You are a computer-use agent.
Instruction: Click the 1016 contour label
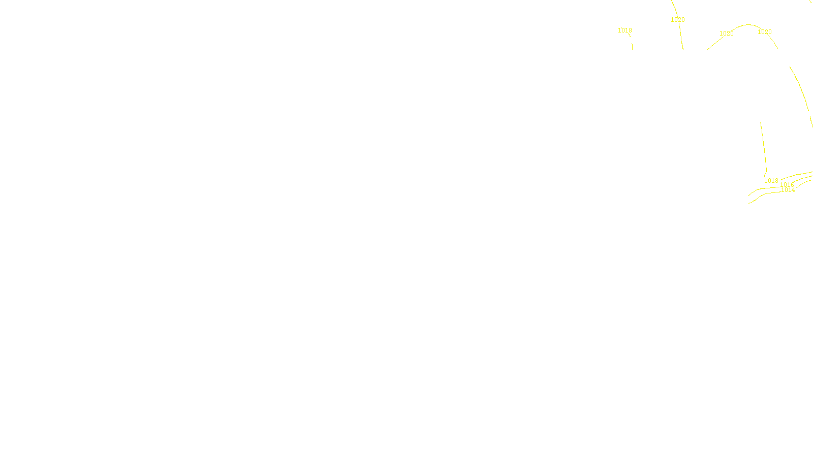click(787, 185)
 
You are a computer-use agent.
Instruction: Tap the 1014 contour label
click(788, 190)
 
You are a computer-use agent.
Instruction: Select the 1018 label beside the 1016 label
click(771, 181)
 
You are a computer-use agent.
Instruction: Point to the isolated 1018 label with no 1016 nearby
click(624, 30)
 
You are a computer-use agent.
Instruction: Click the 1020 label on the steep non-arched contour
click(677, 20)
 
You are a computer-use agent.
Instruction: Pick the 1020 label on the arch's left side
click(726, 34)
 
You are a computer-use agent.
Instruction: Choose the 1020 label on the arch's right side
click(764, 32)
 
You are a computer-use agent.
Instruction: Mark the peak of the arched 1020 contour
click(748, 24)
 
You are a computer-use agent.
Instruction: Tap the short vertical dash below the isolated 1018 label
click(632, 46)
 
